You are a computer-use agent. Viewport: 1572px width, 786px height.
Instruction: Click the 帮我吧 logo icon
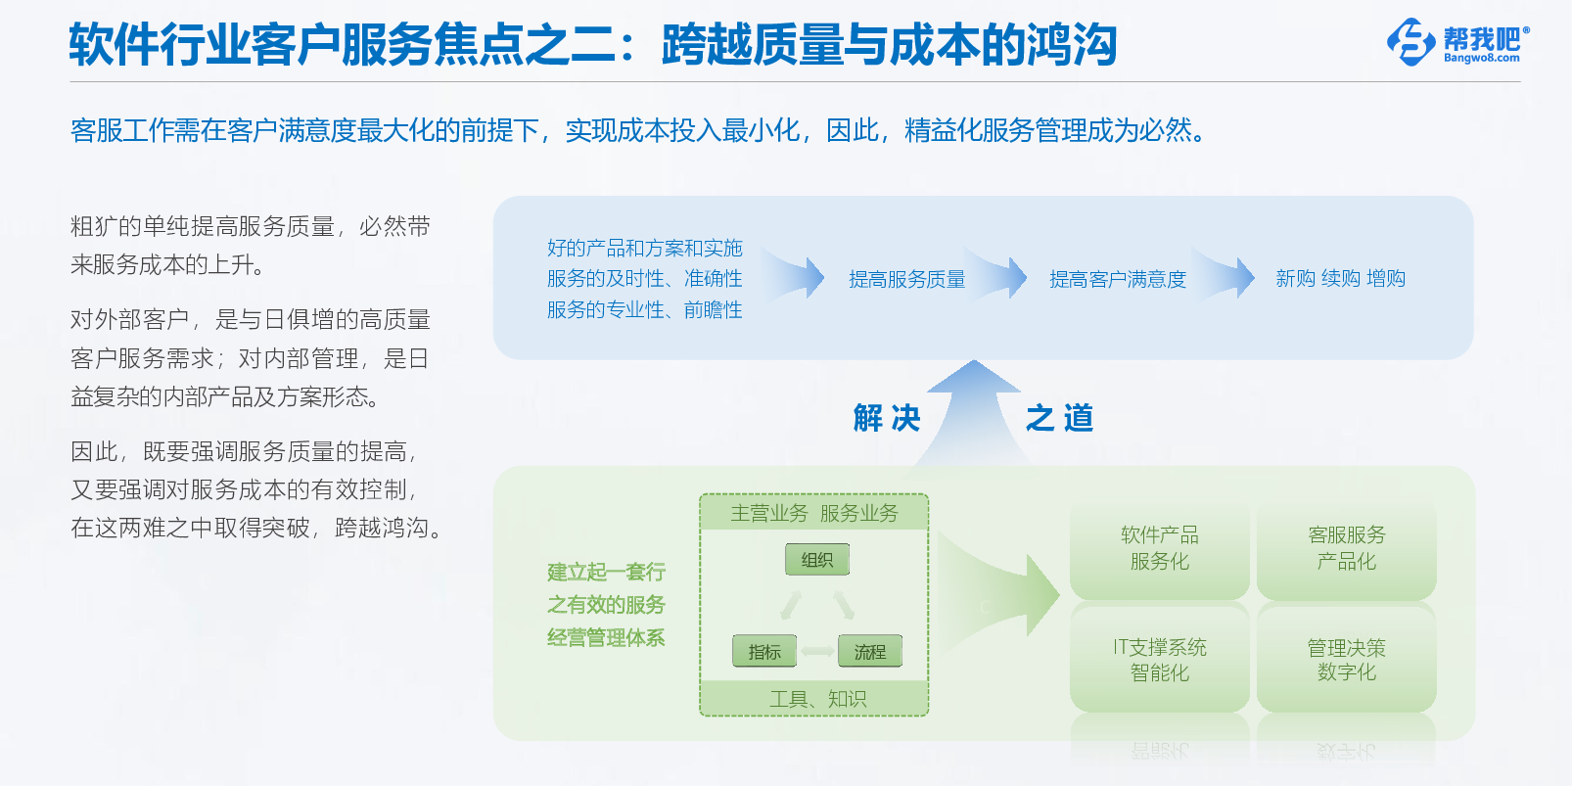(1410, 42)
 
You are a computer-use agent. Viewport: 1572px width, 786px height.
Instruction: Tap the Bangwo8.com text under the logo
(1482, 59)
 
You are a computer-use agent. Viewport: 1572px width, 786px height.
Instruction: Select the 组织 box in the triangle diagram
(817, 559)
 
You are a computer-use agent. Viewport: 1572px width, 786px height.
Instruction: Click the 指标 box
(764, 651)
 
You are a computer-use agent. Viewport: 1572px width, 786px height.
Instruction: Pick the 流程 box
(870, 651)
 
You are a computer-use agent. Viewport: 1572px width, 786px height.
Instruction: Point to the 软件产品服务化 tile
(1159, 548)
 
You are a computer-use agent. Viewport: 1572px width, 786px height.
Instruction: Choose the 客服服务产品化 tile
(1347, 548)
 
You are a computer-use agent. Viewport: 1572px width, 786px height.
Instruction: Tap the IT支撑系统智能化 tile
(1159, 659)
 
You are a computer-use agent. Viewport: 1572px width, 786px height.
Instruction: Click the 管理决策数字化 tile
(1347, 659)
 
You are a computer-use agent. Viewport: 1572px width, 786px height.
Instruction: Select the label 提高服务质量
(906, 279)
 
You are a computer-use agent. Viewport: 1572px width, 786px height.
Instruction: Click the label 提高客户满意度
(1117, 279)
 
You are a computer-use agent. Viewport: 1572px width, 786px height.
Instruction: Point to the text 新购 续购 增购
(1340, 279)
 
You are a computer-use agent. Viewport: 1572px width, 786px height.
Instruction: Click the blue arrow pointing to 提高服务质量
(793, 276)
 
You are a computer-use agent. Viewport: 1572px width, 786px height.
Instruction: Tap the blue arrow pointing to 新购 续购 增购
(1224, 276)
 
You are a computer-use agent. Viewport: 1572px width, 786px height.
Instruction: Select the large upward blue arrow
(973, 413)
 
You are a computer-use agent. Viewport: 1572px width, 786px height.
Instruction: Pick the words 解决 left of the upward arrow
(887, 418)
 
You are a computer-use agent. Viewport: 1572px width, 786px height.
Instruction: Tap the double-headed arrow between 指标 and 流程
(817, 652)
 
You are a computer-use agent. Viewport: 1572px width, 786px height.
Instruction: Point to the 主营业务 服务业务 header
(814, 513)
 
